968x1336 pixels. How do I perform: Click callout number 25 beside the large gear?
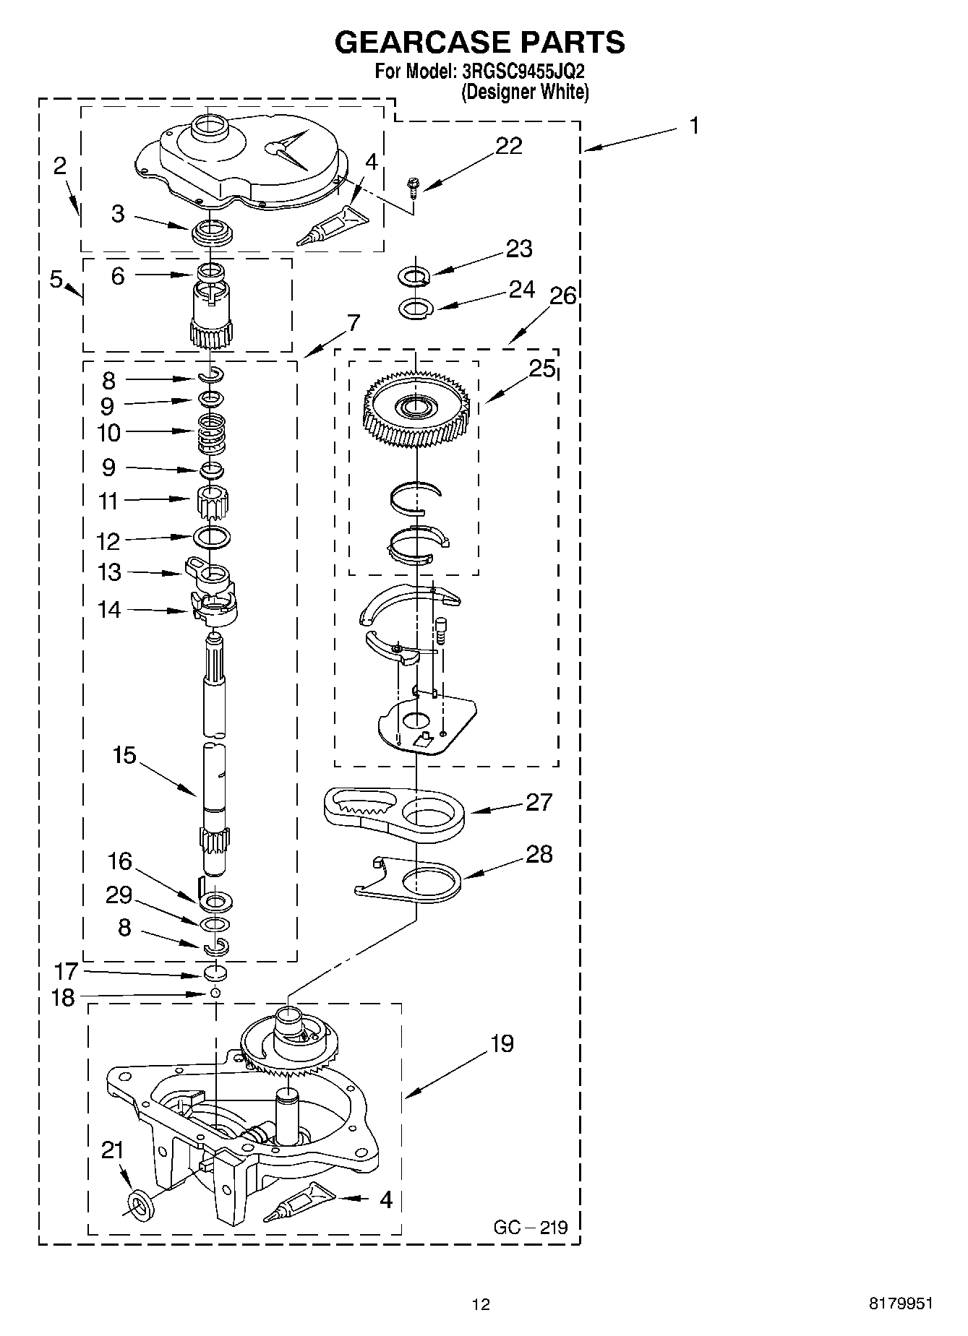pyautogui.click(x=542, y=369)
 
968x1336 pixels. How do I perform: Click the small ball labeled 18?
pyautogui.click(x=215, y=994)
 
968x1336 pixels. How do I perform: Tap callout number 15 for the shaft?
pyautogui.click(x=124, y=755)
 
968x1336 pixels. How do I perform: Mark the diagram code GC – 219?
pyautogui.click(x=531, y=1227)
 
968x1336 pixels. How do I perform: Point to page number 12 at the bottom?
pyautogui.click(x=481, y=1304)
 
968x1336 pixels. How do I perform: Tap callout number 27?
pyautogui.click(x=539, y=801)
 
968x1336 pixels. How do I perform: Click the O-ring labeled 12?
pyautogui.click(x=213, y=536)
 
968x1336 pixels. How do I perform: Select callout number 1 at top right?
pyautogui.click(x=694, y=126)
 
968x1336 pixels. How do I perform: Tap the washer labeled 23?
pyautogui.click(x=414, y=276)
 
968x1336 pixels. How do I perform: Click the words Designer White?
pyautogui.click(x=526, y=92)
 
